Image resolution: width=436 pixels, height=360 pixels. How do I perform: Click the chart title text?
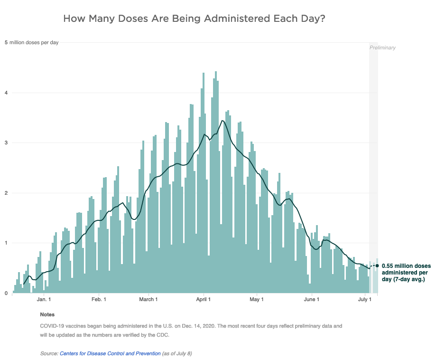coord(194,19)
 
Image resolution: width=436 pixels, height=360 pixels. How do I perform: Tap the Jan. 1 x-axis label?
coord(44,299)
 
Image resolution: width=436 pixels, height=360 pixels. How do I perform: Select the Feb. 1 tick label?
coord(99,299)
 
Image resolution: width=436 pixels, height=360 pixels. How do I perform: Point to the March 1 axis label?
coord(148,299)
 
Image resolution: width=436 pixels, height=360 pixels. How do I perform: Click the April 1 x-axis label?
coord(203,299)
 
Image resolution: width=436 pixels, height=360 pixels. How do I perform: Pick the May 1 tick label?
coord(256,299)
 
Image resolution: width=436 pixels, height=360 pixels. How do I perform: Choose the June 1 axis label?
coord(311,299)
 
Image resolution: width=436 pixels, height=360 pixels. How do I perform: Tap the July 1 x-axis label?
coord(364,299)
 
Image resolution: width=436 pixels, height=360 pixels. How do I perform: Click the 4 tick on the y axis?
coord(6,93)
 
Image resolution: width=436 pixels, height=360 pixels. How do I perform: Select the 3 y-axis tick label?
coord(6,143)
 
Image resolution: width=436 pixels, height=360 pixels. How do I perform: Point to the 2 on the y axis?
coord(6,193)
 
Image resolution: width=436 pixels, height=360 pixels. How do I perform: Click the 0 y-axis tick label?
coord(6,293)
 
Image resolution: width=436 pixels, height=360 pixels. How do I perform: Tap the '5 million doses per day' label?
coord(32,43)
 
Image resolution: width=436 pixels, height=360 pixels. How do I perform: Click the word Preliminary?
coord(382,47)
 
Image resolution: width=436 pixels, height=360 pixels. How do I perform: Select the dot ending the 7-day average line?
coord(377,265)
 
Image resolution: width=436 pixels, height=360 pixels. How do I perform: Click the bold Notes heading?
coord(47,314)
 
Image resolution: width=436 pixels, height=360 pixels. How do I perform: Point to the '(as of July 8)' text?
coord(177,354)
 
